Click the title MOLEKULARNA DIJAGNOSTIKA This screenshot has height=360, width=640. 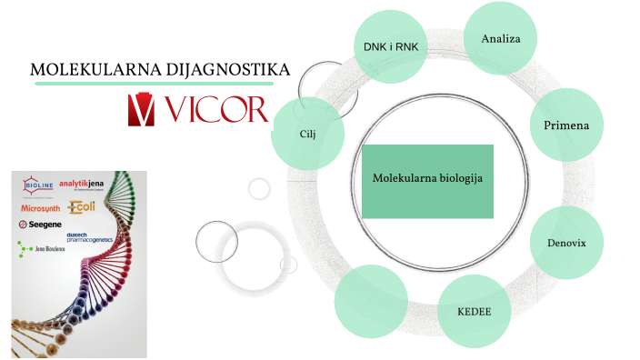click(x=160, y=69)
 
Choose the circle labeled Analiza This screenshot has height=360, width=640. click(x=499, y=39)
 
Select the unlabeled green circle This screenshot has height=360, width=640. click(x=370, y=301)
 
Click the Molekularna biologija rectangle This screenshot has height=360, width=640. click(x=427, y=180)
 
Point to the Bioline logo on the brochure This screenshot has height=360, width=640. click(x=39, y=185)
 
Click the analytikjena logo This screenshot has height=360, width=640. click(x=85, y=185)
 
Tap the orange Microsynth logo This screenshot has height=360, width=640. click(x=40, y=207)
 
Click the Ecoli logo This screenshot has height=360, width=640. click(x=82, y=207)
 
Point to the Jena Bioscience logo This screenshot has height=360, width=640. click(x=39, y=246)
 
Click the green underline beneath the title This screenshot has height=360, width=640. click(x=162, y=83)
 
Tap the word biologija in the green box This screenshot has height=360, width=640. click(x=457, y=178)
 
